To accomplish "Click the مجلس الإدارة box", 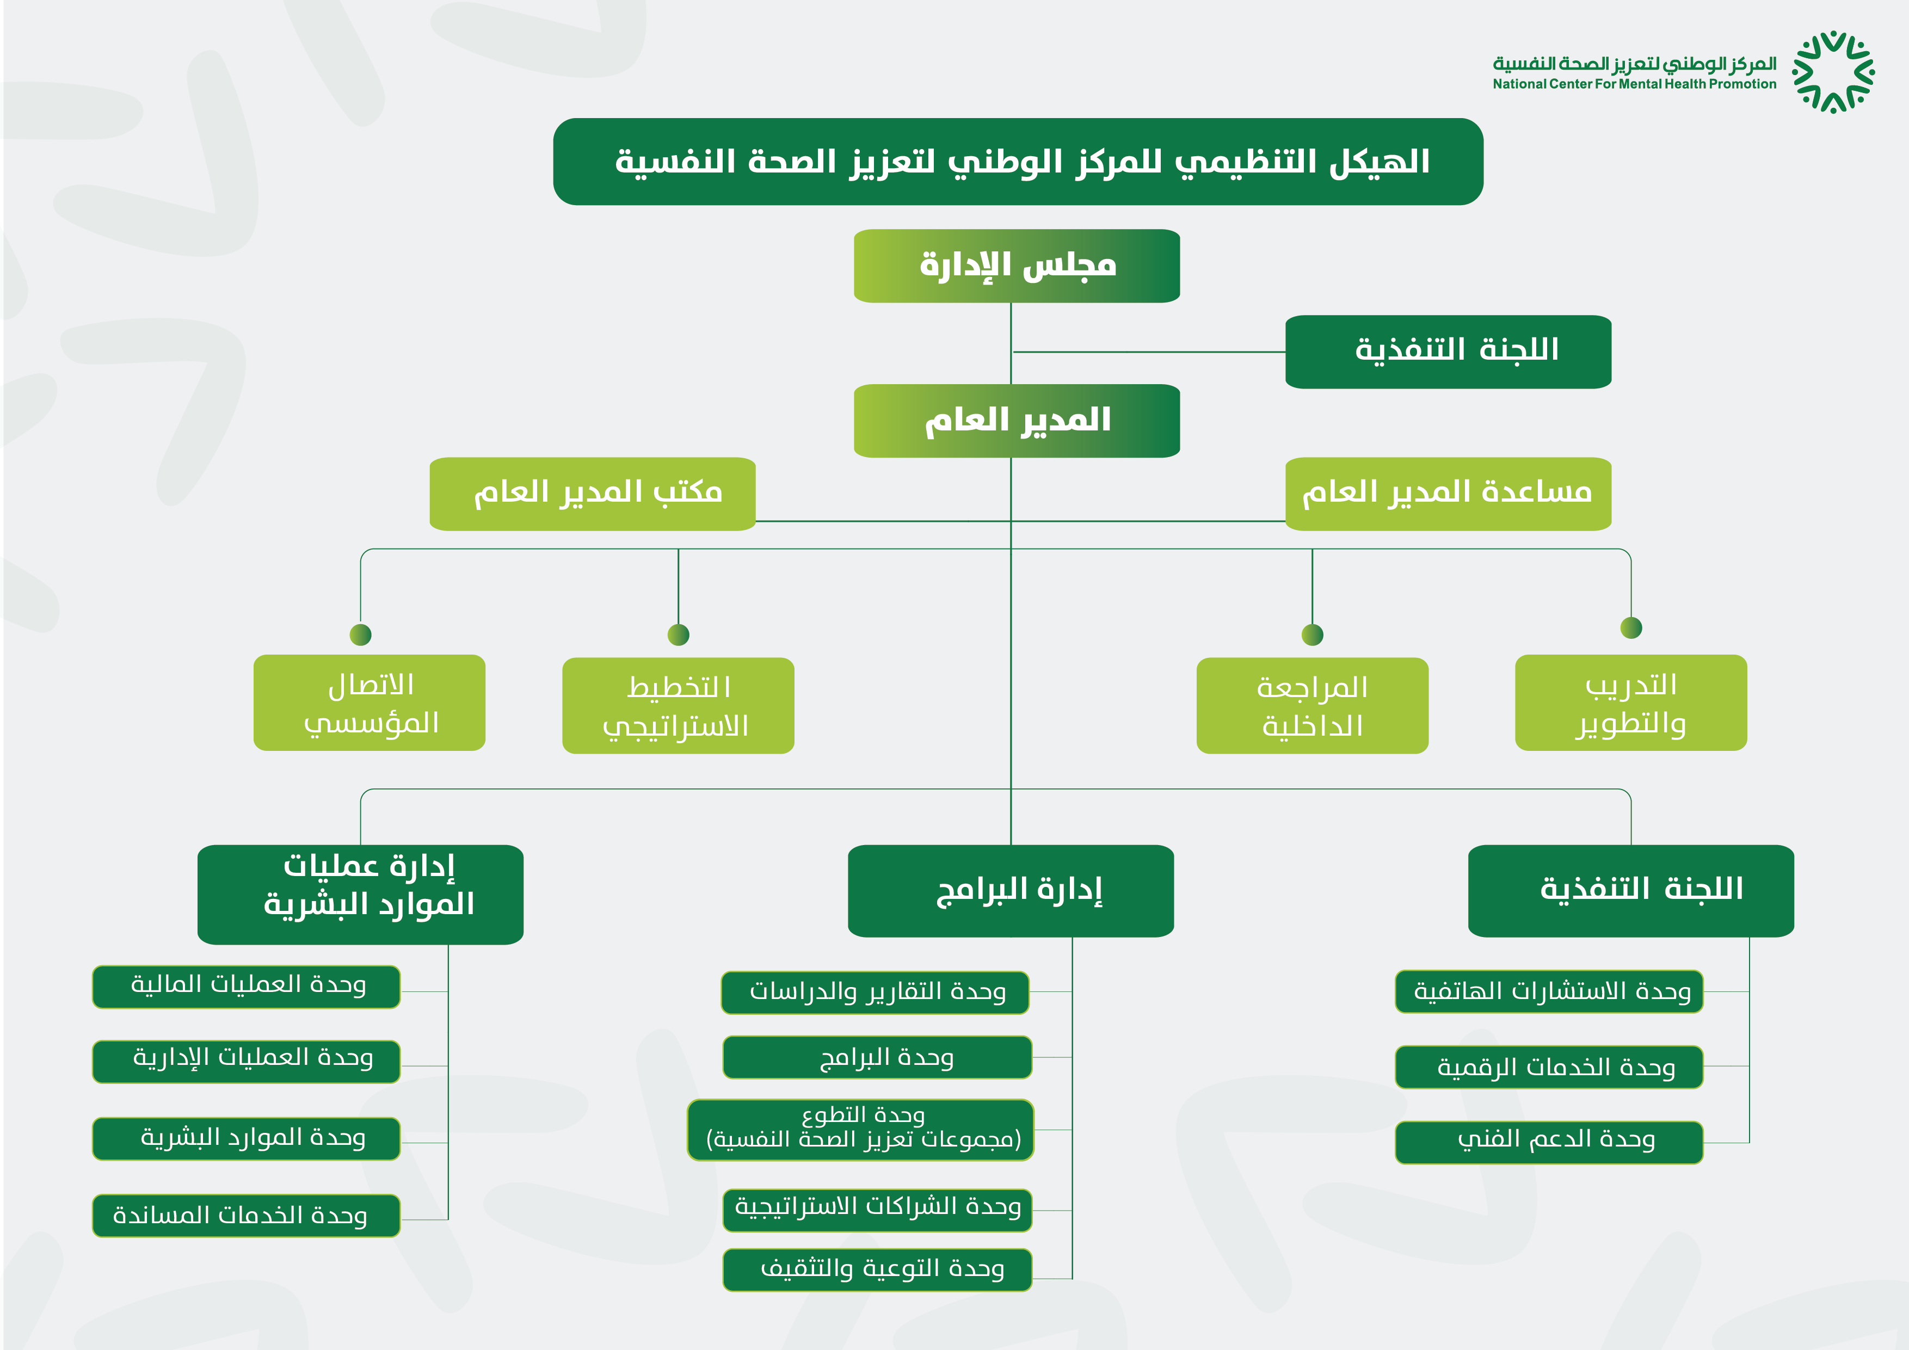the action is point(1017,266).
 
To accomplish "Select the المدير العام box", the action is point(1017,421).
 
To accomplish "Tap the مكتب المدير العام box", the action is point(593,494).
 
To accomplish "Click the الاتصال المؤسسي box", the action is point(369,702).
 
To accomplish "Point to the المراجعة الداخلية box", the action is point(1312,706).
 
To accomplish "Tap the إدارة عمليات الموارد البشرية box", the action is point(361,895).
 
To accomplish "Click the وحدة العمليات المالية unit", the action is point(246,987).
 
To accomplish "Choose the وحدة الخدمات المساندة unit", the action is point(246,1216).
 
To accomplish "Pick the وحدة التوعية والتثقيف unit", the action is point(877,1269).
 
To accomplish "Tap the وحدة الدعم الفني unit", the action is point(1549,1142).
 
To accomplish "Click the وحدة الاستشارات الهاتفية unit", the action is point(1549,992).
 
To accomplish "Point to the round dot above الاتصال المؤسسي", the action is point(361,635).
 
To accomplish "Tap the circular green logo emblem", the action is point(1833,72).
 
